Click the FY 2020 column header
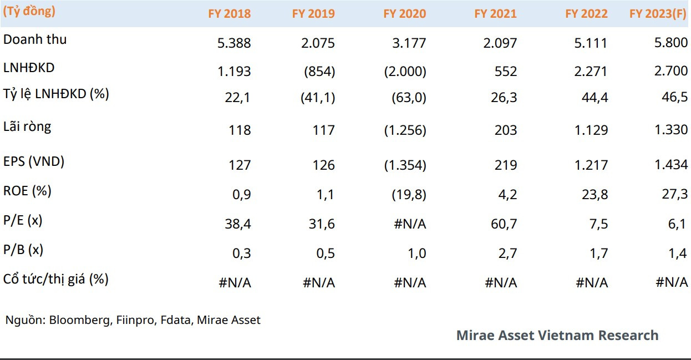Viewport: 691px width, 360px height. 404,14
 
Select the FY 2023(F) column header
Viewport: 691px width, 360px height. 658,14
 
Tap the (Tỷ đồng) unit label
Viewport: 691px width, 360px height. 29,11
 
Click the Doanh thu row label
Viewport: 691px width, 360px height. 35,39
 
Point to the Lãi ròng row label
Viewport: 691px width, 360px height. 27,126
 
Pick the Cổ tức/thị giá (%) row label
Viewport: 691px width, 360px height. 55,278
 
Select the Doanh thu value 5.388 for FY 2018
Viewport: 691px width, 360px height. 234,43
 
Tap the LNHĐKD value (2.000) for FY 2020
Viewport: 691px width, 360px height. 405,72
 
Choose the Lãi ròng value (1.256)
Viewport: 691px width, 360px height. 405,130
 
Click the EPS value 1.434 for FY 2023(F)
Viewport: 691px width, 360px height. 671,165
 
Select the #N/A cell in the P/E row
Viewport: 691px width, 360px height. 410,224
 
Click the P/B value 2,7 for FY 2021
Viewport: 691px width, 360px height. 507,253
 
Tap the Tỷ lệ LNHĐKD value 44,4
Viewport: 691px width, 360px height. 595,98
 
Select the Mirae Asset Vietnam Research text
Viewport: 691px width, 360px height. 557,335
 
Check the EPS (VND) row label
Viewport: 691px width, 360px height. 34,161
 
